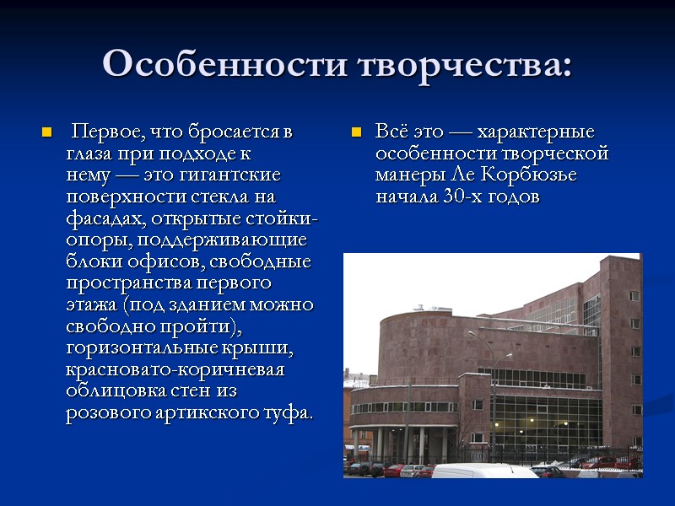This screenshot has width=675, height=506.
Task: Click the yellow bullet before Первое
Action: point(47,133)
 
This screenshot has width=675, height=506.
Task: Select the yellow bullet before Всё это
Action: point(356,133)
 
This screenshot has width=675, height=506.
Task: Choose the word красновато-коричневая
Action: point(175,369)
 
